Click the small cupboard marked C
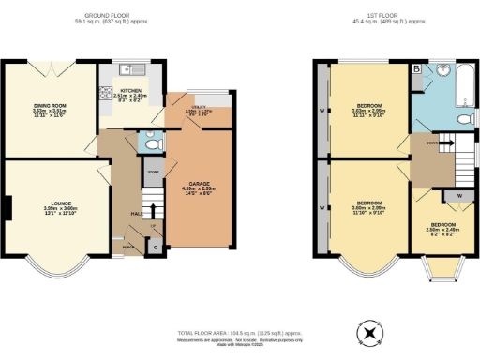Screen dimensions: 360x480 (x=156, y=248)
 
